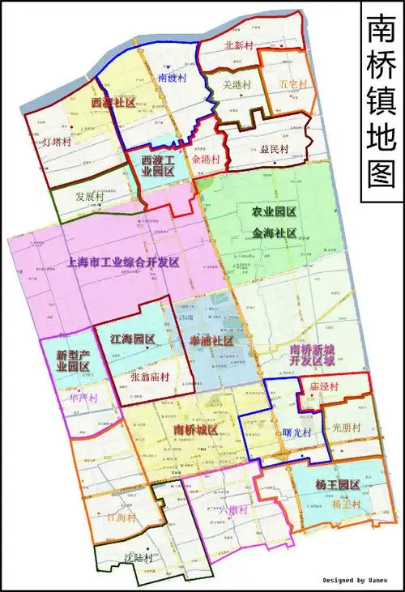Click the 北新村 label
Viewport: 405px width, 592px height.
click(x=241, y=46)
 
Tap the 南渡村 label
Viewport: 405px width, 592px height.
click(x=173, y=79)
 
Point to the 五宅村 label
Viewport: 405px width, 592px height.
click(x=292, y=84)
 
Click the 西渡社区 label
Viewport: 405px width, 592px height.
click(x=113, y=103)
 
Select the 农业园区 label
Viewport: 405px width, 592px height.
click(x=273, y=212)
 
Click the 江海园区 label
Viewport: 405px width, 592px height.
click(x=132, y=339)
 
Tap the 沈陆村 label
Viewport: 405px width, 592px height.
click(x=139, y=558)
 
